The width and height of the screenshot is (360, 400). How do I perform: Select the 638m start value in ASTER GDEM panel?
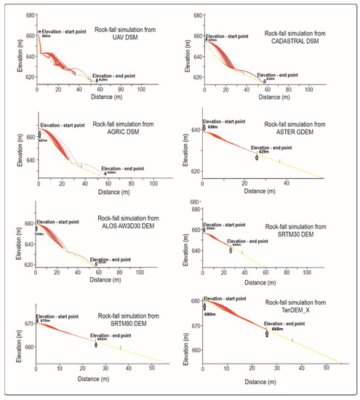212,127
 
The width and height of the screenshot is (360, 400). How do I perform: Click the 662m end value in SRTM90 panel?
102,339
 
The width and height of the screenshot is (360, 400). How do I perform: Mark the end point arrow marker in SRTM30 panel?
231,250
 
